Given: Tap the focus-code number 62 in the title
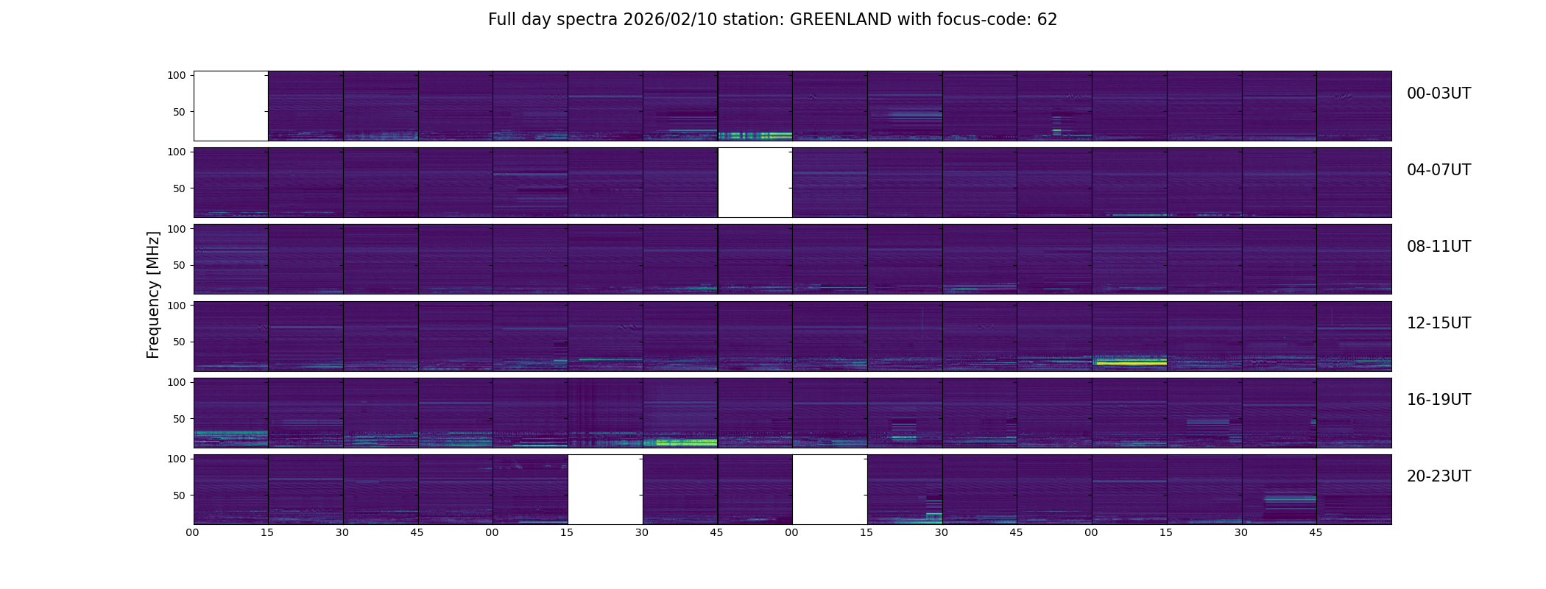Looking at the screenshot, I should click(x=1047, y=20).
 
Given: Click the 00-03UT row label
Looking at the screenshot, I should click(x=1439, y=94).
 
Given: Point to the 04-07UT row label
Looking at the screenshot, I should click(x=1439, y=170).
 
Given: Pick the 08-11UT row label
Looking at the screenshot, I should click(x=1439, y=247).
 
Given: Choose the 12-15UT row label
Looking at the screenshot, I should click(x=1439, y=323).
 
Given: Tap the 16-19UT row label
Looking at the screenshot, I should click(x=1439, y=400).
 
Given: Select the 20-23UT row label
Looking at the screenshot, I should click(x=1439, y=476).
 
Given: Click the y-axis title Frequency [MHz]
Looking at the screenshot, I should click(x=153, y=294).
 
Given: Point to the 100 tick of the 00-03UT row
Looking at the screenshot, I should click(x=177, y=75).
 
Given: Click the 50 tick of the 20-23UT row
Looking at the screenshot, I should click(x=180, y=495).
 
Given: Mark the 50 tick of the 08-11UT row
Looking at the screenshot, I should click(x=180, y=265).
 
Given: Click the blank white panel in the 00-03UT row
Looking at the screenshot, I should click(x=230, y=105).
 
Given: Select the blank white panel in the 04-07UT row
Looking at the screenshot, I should click(x=755, y=182).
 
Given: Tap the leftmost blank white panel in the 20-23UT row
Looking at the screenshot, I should click(x=605, y=489).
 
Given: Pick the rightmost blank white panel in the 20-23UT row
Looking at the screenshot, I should click(x=830, y=489).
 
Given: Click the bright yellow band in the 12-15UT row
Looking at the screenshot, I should click(x=1130, y=362).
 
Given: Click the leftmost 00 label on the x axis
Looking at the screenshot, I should click(x=192, y=532).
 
